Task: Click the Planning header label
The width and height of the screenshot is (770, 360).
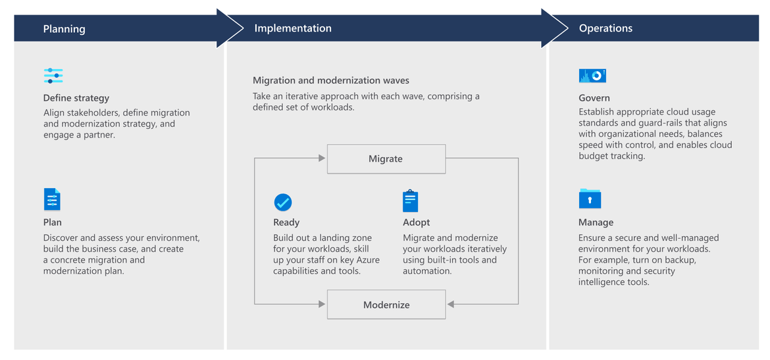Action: click(64, 29)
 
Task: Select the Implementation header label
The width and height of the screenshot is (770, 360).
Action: click(293, 28)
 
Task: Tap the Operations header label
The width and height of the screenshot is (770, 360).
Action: click(605, 28)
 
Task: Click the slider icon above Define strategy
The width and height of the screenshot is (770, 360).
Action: click(53, 76)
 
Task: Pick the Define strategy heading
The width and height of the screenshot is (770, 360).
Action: click(76, 98)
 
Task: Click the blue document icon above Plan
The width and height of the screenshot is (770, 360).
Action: click(52, 199)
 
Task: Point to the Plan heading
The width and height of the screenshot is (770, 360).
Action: click(53, 222)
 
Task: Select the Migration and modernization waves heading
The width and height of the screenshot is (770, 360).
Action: click(330, 80)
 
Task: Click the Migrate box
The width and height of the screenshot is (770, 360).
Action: click(386, 159)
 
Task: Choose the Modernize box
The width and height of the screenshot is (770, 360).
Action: click(386, 305)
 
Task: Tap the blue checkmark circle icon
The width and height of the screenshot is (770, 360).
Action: click(283, 202)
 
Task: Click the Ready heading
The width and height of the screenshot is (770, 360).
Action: click(286, 222)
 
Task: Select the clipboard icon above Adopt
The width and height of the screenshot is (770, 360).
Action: click(410, 200)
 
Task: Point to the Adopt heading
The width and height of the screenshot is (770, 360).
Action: click(417, 222)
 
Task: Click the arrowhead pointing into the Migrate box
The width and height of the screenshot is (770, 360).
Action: click(322, 158)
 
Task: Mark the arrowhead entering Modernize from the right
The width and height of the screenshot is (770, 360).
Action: click(451, 305)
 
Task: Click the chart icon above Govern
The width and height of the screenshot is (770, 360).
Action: click(593, 76)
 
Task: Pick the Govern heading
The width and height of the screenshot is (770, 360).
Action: click(594, 98)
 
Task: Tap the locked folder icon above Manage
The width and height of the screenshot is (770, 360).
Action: click(590, 198)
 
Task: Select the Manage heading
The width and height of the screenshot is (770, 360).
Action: click(596, 222)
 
